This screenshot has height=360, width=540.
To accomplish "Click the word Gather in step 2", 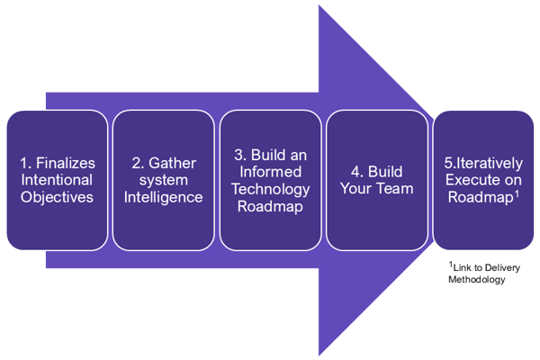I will pos(171,163).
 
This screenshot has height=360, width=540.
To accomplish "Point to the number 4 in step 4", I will pos(353,172).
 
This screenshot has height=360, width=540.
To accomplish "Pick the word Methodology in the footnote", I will pos(476,280).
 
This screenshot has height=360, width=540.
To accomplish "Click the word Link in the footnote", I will pos(463,268).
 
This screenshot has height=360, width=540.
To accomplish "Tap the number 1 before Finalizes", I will pos(24,163).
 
